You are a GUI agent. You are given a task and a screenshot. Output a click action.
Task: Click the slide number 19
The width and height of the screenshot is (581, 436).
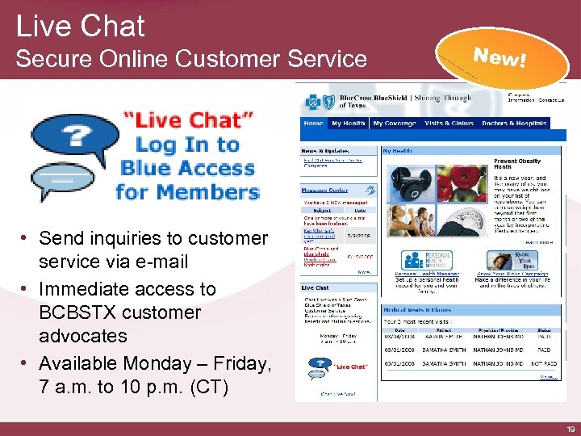[571, 428]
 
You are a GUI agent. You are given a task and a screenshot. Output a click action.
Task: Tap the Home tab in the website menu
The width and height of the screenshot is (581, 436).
[313, 124]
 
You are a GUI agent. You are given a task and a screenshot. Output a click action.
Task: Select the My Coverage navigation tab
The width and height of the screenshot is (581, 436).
[395, 124]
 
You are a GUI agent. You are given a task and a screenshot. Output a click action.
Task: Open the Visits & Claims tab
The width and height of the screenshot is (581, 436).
[449, 124]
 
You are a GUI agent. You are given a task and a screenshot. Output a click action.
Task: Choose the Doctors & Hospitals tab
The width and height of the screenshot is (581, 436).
[514, 124]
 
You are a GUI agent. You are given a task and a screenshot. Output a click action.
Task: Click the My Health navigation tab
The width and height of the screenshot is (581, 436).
[348, 124]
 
